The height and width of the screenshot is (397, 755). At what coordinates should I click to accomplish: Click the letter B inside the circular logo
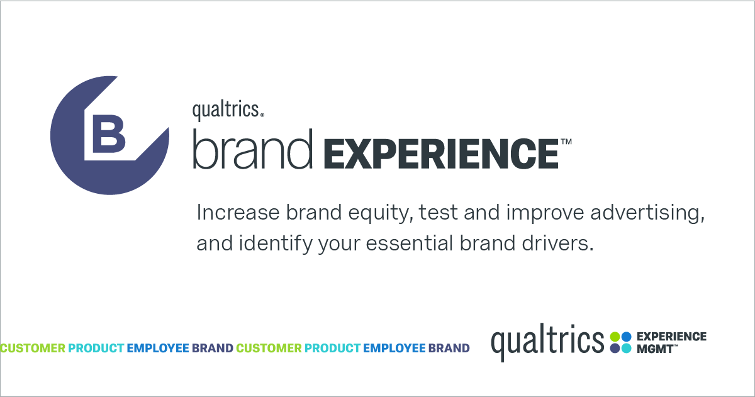(x=108, y=133)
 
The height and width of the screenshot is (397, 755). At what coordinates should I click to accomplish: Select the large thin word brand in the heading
(x=252, y=149)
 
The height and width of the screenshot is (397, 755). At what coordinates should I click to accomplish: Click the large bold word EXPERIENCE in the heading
(x=441, y=154)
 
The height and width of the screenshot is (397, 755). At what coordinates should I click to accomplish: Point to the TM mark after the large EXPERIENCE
(x=566, y=141)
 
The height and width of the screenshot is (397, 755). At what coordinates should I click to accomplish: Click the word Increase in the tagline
(x=238, y=213)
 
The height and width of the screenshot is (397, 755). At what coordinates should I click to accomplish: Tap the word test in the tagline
(x=438, y=213)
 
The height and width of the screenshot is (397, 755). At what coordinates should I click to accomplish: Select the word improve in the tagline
(x=545, y=214)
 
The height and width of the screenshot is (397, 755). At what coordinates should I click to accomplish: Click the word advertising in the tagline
(x=647, y=214)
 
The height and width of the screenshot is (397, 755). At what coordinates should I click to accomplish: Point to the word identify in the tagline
(x=276, y=244)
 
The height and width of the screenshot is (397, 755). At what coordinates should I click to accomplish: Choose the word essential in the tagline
(x=409, y=243)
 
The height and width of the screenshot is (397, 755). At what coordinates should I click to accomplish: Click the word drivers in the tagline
(x=557, y=243)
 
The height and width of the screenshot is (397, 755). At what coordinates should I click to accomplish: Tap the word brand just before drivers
(x=488, y=243)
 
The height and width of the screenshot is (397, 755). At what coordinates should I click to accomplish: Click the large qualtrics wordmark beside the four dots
(x=547, y=342)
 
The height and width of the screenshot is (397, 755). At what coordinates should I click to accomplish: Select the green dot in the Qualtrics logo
(x=615, y=337)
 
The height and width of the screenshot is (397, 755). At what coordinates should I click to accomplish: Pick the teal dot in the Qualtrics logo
(x=626, y=349)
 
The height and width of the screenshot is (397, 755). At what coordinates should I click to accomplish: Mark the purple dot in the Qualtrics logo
(x=615, y=349)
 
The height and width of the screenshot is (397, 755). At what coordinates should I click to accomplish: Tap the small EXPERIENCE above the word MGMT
(x=671, y=337)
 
